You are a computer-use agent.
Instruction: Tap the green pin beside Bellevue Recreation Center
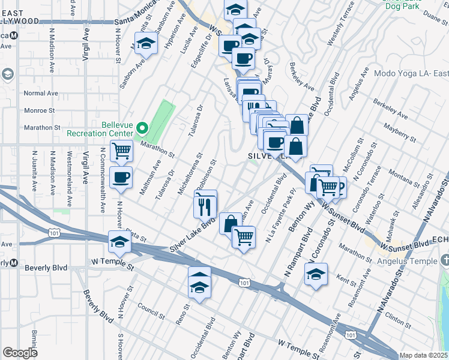142,128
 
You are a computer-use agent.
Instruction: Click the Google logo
20,353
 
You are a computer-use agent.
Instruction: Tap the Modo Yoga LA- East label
411,74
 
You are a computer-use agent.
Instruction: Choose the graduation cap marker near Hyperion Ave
146,43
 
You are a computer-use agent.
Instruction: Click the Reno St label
182,314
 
